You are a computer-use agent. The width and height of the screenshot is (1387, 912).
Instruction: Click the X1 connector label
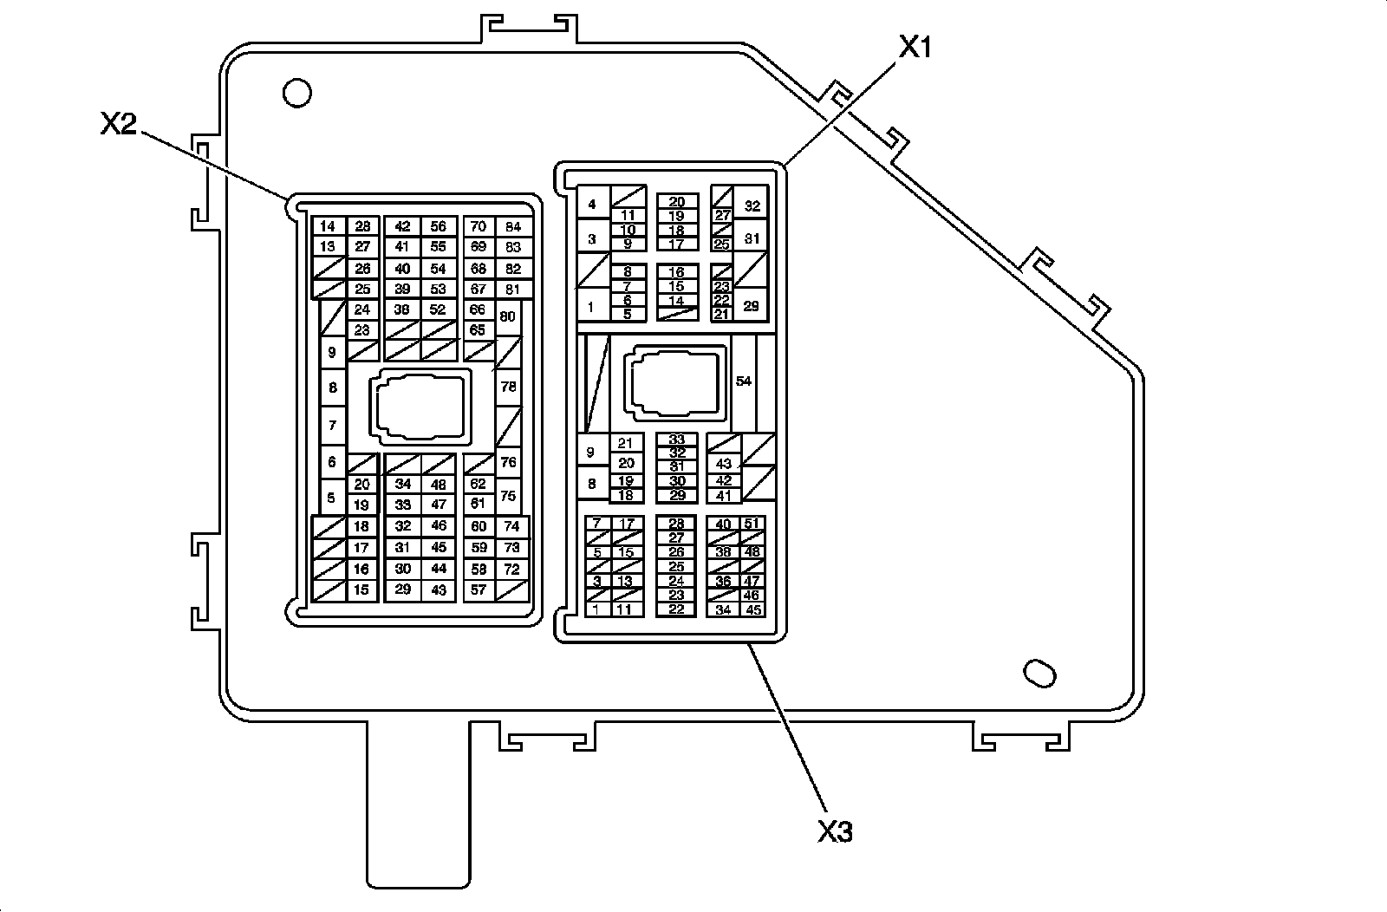tap(914, 48)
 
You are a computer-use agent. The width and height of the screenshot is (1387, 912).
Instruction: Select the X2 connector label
tap(118, 126)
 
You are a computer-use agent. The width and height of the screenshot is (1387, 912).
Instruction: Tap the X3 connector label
tap(835, 831)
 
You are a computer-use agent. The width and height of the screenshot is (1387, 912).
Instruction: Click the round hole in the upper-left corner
tap(297, 93)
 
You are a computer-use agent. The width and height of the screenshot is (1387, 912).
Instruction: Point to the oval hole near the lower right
tap(1039, 674)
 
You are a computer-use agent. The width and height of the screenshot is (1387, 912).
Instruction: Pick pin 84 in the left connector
tap(513, 227)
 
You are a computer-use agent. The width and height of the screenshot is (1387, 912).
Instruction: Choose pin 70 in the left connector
tap(478, 227)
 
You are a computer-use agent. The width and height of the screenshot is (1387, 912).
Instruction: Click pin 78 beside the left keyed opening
tap(509, 387)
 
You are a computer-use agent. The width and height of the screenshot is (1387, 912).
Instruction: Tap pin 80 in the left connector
tap(508, 316)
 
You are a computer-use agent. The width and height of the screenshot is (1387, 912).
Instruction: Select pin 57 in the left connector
tap(478, 590)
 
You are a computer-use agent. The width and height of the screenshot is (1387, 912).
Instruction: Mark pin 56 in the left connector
tap(439, 227)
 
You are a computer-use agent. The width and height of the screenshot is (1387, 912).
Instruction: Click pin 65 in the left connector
tap(478, 330)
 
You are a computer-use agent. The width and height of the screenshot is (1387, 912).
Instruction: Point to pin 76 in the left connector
tap(509, 462)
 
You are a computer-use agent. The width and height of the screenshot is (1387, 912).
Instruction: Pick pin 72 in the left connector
tap(512, 569)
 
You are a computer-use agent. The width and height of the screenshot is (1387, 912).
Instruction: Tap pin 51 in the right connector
tap(752, 524)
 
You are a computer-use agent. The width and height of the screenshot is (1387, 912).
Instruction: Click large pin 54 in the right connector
tap(744, 381)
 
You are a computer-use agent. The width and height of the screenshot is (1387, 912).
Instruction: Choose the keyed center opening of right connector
tap(676, 382)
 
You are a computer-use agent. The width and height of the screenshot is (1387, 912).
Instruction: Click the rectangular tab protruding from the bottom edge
tap(418, 806)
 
